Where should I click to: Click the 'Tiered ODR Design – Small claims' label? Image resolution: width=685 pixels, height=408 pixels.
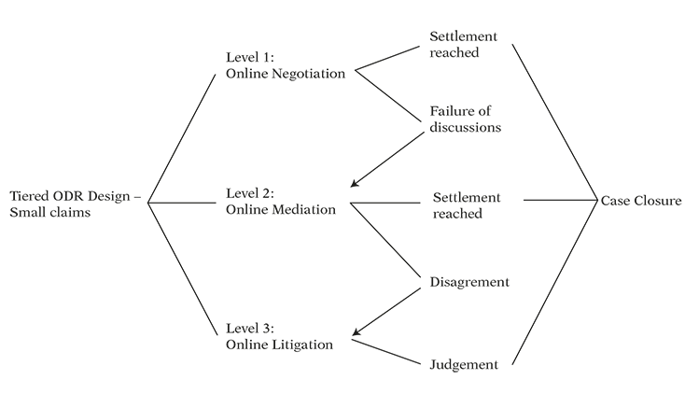pyautogui.click(x=76, y=204)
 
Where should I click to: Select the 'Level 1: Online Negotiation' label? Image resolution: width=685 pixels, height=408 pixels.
pyautogui.click(x=286, y=65)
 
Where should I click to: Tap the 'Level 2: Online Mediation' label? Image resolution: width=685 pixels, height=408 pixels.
pyautogui.click(x=281, y=202)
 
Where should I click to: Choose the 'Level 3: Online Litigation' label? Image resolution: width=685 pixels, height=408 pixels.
pyautogui.click(x=279, y=336)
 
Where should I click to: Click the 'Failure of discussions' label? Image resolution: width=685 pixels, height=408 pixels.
pyautogui.click(x=466, y=119)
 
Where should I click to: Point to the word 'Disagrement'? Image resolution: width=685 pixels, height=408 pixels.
pyautogui.click(x=469, y=282)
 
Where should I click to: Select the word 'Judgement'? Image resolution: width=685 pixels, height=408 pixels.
pyautogui.click(x=464, y=365)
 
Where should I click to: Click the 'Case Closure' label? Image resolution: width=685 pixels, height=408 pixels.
pyautogui.click(x=641, y=201)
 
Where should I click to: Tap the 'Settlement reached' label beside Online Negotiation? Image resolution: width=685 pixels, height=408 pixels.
pyautogui.click(x=463, y=44)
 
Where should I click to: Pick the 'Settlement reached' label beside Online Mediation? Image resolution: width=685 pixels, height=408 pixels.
pyautogui.click(x=467, y=205)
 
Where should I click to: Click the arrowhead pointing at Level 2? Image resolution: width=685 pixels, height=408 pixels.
pyautogui.click(x=355, y=183)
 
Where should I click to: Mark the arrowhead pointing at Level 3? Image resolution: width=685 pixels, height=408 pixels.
pyautogui.click(x=356, y=331)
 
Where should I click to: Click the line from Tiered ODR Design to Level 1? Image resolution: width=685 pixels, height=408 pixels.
pyautogui.click(x=182, y=138)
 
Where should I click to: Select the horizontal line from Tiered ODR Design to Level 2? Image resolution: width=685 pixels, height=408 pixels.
pyautogui.click(x=182, y=203)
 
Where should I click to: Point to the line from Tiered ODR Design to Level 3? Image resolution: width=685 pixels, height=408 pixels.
pyautogui.click(x=183, y=269)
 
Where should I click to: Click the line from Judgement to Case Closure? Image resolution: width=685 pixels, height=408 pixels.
pyautogui.click(x=554, y=282)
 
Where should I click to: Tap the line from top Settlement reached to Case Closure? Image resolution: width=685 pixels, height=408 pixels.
pyautogui.click(x=555, y=122)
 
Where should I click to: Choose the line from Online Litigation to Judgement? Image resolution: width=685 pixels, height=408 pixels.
pyautogui.click(x=385, y=352)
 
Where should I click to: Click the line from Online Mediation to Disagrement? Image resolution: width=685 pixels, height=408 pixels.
pyautogui.click(x=384, y=240)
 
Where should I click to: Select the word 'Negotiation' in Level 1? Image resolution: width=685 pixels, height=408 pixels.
pyautogui.click(x=308, y=74)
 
